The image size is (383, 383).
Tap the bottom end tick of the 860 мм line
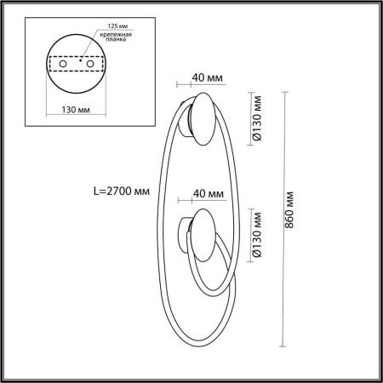point(283,347)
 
